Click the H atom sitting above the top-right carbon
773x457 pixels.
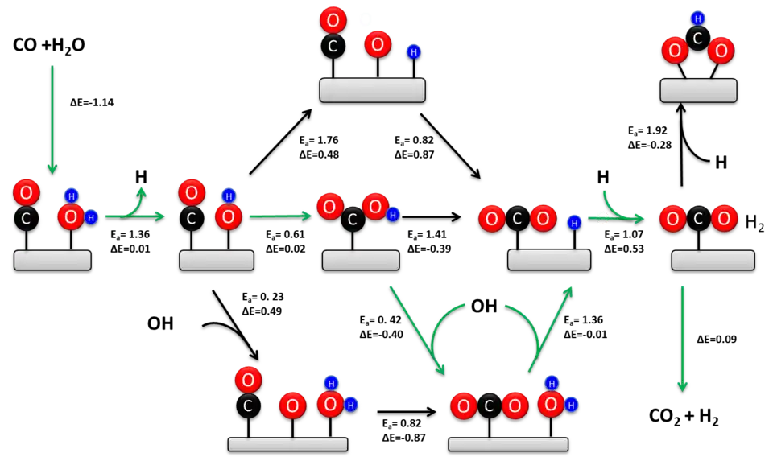tap(698, 19)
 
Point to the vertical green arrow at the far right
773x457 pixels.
tap(682, 338)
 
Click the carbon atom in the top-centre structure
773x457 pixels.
tap(333, 47)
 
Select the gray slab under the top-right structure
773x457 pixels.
tap(698, 90)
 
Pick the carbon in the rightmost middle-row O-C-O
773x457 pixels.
tap(698, 218)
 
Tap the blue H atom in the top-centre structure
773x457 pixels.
tap(413, 52)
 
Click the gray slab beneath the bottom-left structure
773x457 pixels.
tap(287, 444)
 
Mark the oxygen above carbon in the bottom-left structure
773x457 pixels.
tap(248, 380)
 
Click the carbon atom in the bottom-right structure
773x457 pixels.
tap(489, 406)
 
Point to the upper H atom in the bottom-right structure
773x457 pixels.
tap(552, 383)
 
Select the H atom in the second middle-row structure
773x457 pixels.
tap(229, 196)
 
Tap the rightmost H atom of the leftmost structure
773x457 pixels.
tap(90, 217)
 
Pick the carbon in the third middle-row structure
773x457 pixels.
tap(352, 218)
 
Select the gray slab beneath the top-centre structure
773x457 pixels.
tap(372, 90)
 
